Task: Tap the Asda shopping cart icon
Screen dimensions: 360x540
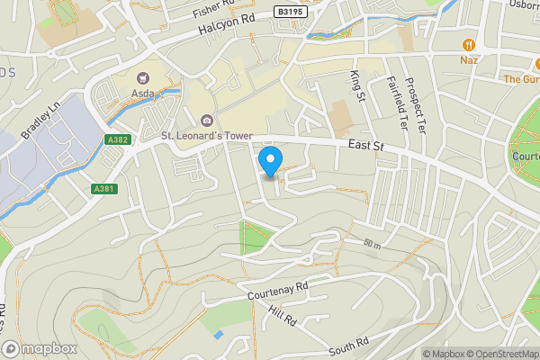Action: click(143, 79)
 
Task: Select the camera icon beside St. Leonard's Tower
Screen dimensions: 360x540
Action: click(207, 121)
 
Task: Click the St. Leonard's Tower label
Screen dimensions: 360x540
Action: click(204, 136)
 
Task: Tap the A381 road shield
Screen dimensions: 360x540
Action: click(103, 188)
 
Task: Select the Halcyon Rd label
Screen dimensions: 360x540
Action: click(221, 29)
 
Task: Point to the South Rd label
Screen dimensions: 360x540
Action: click(348, 344)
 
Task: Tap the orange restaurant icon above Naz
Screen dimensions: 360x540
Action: click(468, 44)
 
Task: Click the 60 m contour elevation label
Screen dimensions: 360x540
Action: click(373, 245)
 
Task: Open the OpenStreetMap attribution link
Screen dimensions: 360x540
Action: click(499, 354)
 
